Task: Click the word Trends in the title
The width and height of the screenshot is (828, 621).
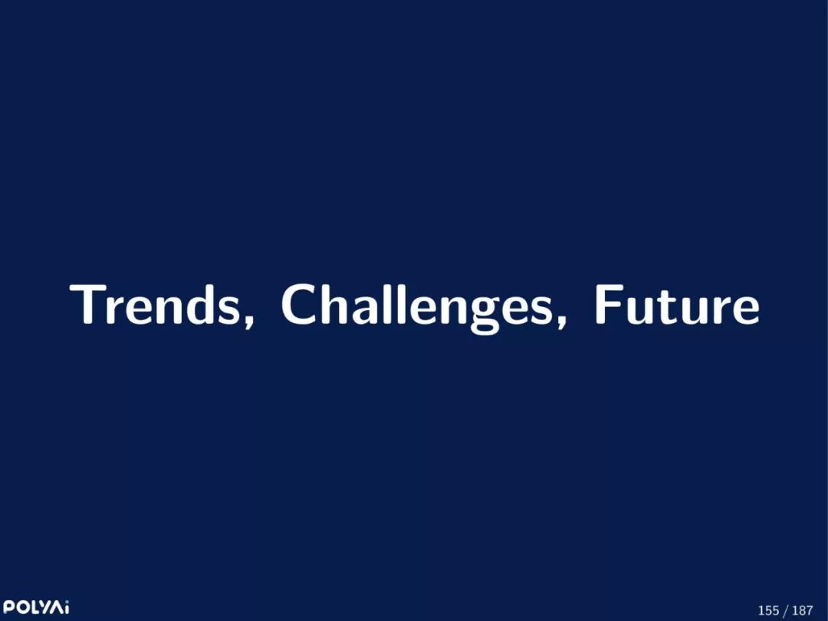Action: pos(155,305)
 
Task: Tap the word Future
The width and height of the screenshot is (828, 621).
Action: pos(677,305)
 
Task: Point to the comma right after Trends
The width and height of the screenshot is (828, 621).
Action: pos(248,320)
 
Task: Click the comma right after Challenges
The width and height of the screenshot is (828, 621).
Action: pos(560,320)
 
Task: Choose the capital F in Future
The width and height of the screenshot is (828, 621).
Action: pos(608,305)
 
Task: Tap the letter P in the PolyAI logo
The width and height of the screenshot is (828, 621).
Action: pos(8,606)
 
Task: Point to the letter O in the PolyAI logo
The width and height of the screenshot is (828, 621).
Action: pos(21,606)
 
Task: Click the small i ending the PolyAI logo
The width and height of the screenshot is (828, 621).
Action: pos(66,606)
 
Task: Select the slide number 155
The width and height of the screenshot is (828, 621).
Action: pos(768,610)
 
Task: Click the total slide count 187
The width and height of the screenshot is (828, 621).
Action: pos(803,610)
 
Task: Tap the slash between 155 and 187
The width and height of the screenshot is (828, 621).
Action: pos(786,611)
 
